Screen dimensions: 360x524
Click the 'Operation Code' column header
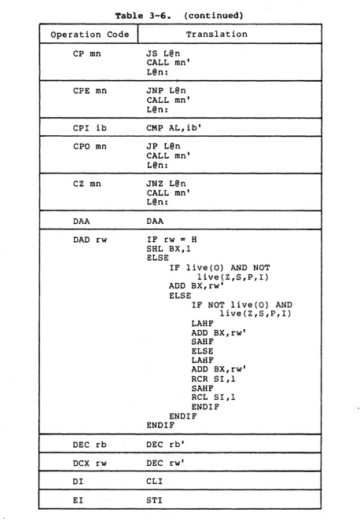point(90,35)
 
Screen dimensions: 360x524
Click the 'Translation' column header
point(217,34)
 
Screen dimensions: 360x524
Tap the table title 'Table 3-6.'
point(143,16)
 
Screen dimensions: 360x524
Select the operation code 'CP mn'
point(87,53)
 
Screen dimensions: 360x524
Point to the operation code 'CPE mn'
point(90,91)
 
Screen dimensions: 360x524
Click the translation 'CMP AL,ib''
point(174,128)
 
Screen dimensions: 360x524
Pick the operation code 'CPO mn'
point(90,146)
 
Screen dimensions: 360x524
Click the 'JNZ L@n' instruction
point(166,184)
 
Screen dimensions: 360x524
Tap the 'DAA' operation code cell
point(81,222)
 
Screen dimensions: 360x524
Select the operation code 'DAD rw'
point(90,240)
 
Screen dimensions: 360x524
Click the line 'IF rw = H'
point(171,240)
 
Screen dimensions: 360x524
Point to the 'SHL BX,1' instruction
point(168,248)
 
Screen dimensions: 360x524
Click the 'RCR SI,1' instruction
point(213,379)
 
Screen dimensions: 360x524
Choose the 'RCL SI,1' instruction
point(213,397)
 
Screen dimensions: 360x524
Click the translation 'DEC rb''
point(166,445)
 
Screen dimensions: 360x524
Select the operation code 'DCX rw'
point(90,464)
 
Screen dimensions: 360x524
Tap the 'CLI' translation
point(154,482)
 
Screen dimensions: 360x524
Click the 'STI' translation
point(154,500)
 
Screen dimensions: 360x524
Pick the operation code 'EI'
point(79,500)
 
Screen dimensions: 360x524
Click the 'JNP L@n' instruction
point(166,90)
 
